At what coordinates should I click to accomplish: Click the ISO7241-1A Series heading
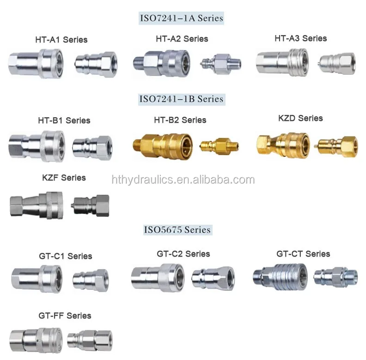[x=181, y=18]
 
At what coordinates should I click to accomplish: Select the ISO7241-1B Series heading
[x=181, y=99]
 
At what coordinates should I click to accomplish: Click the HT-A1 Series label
[x=61, y=40]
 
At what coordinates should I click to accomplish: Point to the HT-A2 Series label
[x=182, y=39]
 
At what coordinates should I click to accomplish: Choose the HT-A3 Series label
[x=300, y=38]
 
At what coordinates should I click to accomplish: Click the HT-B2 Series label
[x=180, y=120]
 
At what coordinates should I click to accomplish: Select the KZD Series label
[x=300, y=118]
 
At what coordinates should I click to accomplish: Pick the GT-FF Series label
[x=65, y=316]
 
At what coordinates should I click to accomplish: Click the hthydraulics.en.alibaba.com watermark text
[x=183, y=180]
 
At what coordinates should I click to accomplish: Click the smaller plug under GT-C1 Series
[x=90, y=277]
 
